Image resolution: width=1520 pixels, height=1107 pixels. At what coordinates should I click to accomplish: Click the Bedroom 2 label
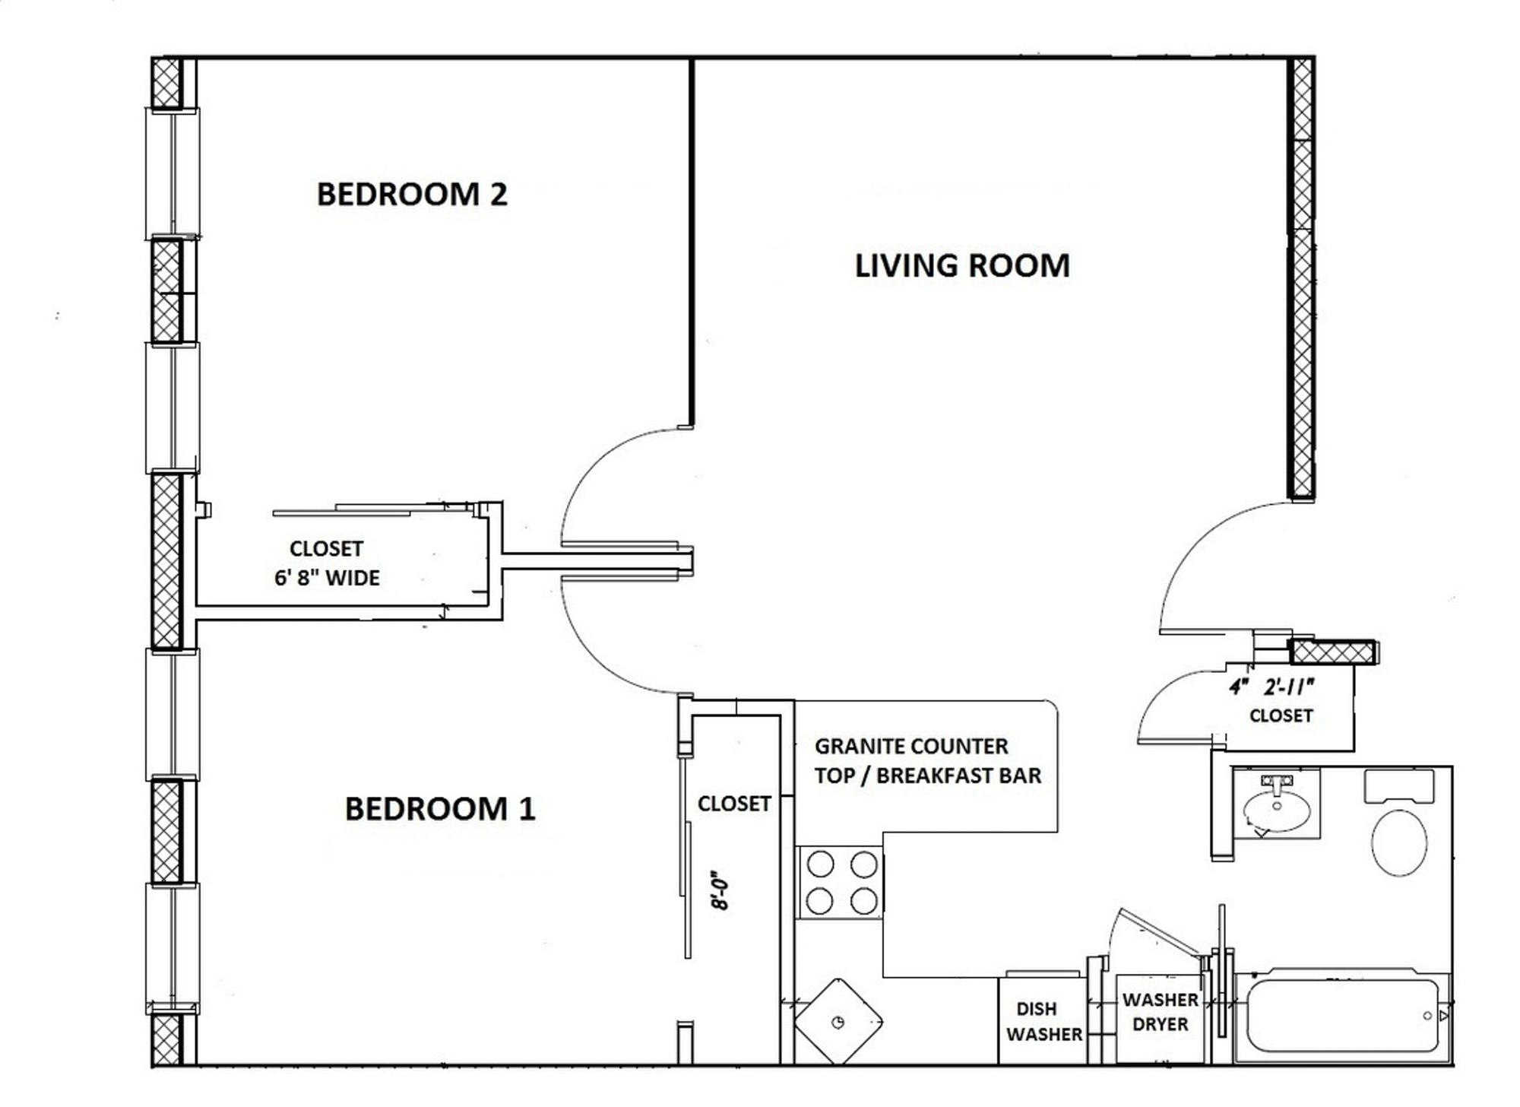(x=412, y=195)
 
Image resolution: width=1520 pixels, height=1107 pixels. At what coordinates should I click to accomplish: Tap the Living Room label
(x=962, y=266)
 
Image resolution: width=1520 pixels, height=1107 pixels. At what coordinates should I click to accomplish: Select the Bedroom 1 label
(x=440, y=809)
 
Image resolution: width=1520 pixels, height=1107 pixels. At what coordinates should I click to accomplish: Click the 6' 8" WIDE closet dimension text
(x=327, y=578)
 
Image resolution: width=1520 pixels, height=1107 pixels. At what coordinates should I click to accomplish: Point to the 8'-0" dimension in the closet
(x=720, y=890)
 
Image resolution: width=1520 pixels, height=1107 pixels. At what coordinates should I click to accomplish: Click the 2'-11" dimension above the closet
(x=1289, y=687)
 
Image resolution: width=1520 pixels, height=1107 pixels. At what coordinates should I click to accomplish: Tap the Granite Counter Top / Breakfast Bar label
(x=927, y=760)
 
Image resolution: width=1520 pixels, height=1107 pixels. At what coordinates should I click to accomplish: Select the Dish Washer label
(x=1043, y=1021)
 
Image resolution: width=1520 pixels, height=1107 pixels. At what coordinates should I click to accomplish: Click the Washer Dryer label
(x=1160, y=1011)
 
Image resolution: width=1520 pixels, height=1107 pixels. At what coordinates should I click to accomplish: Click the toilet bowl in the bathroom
(x=1399, y=842)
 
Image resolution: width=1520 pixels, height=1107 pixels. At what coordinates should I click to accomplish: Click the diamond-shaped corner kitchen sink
(x=838, y=1021)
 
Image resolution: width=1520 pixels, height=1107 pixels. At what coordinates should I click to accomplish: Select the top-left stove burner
(x=820, y=864)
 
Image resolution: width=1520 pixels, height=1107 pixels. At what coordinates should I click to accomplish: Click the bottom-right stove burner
(x=864, y=902)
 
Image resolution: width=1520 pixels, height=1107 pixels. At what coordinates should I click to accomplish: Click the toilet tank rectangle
(x=1399, y=786)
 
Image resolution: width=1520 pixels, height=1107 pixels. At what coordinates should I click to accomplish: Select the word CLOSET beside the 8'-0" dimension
(x=734, y=804)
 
